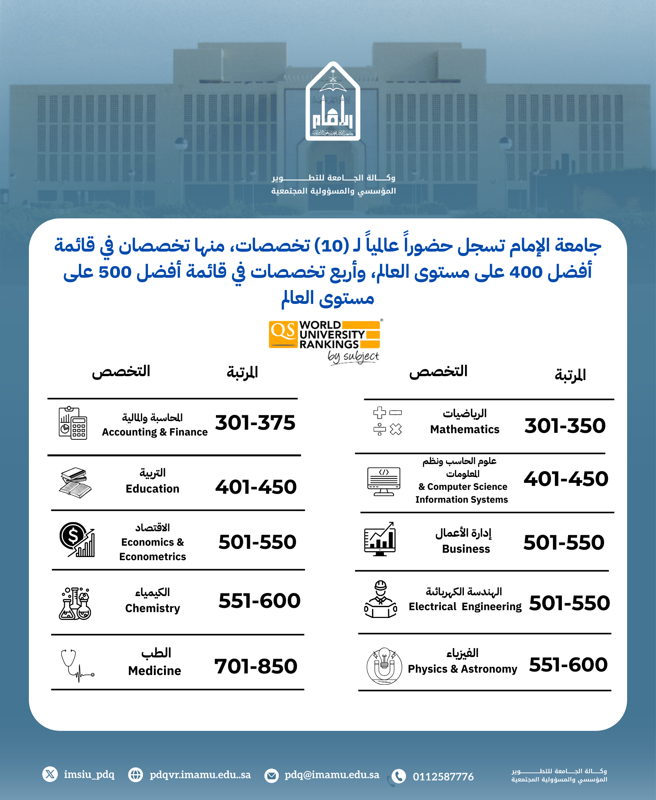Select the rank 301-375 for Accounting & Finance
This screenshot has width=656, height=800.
[x=255, y=423]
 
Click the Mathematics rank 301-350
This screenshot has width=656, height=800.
[x=565, y=426]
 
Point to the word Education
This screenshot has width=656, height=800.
[x=152, y=489]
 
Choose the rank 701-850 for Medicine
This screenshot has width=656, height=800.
[x=256, y=666]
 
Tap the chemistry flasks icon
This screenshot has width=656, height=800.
[x=75, y=604]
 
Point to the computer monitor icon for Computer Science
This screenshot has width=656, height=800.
[x=384, y=481]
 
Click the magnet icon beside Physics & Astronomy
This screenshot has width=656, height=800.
[x=384, y=666]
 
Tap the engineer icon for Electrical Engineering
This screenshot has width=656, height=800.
[x=381, y=599]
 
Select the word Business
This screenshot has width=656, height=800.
[x=466, y=549]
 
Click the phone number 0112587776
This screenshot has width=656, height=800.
[x=443, y=777]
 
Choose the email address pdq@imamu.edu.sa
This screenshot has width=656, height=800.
[x=332, y=775]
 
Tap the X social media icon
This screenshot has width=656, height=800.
[x=50, y=774]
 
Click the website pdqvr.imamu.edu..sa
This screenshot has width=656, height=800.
[x=200, y=775]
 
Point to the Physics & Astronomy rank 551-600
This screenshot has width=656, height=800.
[x=568, y=665]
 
